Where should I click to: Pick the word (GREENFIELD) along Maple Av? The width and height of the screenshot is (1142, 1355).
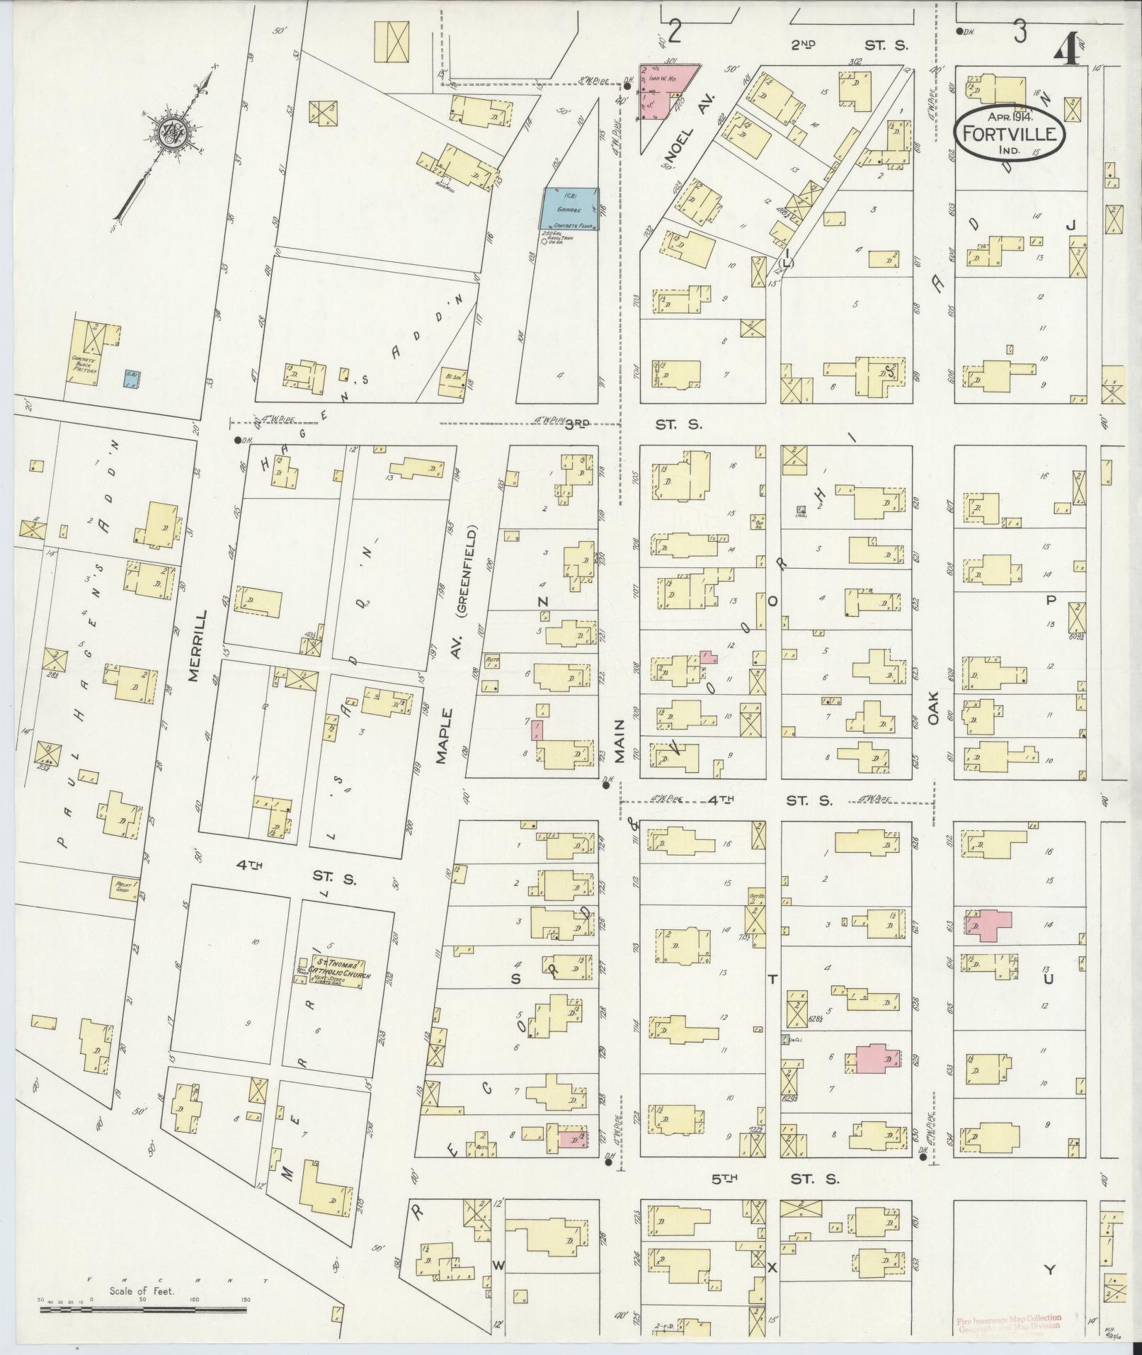click(469, 571)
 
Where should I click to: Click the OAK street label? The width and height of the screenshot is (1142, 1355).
click(932, 708)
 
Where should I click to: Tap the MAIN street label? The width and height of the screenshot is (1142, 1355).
click(619, 741)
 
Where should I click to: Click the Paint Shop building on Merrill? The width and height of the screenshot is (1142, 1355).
click(126, 885)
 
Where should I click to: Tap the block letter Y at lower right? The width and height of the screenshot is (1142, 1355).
click(1049, 1270)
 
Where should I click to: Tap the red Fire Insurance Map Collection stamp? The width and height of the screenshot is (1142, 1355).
click(1008, 1325)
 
